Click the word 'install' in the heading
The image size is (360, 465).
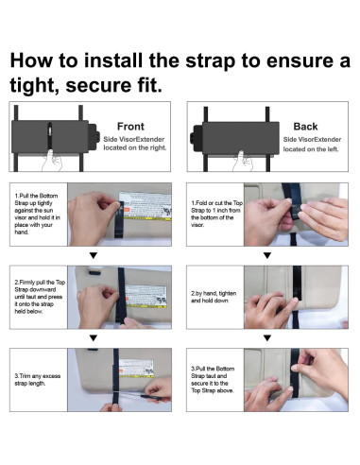pyautogui.click(x=112, y=60)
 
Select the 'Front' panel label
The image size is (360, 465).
pyautogui.click(x=130, y=127)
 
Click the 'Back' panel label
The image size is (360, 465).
pyautogui.click(x=305, y=127)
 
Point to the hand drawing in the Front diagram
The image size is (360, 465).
pyautogui.click(x=52, y=160)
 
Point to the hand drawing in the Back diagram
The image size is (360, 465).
pyautogui.click(x=243, y=161)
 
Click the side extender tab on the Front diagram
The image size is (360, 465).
pyautogui.click(x=94, y=136)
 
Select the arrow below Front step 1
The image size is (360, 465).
pyautogui.click(x=94, y=255)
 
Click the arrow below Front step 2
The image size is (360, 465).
pyautogui.click(x=94, y=338)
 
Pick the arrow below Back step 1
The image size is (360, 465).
pyautogui.click(x=267, y=255)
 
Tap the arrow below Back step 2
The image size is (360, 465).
pyautogui.click(x=267, y=338)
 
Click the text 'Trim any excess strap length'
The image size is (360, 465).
pyautogui.click(x=38, y=379)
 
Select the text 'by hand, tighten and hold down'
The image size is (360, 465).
pyautogui.click(x=214, y=297)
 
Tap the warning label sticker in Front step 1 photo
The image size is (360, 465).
pyautogui.click(x=146, y=206)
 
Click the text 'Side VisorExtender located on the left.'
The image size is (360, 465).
pyautogui.click(x=312, y=144)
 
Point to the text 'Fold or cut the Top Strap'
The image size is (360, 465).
pyautogui.click(x=217, y=206)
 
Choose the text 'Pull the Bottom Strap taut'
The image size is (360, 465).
pyautogui.click(x=213, y=372)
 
